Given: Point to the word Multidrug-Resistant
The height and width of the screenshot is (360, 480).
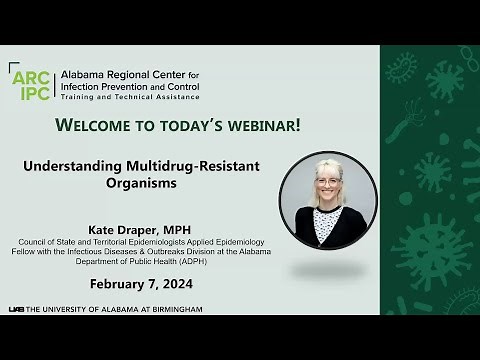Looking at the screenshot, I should (197, 170).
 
